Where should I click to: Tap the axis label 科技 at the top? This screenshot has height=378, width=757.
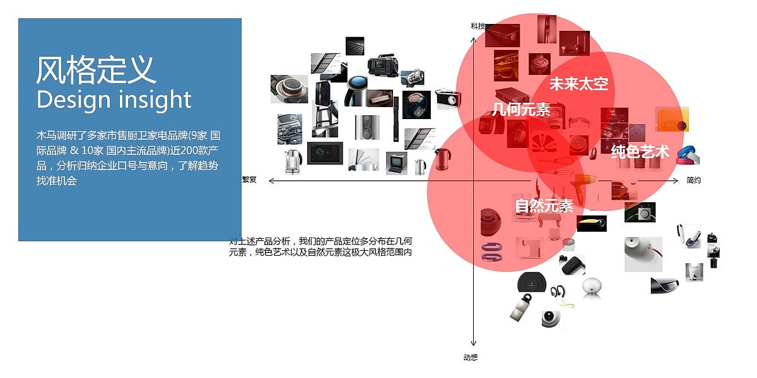click(x=478, y=26)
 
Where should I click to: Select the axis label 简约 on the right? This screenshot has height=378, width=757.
click(x=693, y=180)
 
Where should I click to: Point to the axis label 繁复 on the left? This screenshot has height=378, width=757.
click(x=249, y=180)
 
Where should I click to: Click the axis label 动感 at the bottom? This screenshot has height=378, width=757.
click(x=471, y=358)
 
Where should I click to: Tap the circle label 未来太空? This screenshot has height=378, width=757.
click(x=578, y=84)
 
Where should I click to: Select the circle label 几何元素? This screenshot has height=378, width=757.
click(x=521, y=110)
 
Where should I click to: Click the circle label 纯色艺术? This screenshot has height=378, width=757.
click(x=640, y=151)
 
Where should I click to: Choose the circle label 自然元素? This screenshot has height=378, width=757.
click(x=544, y=205)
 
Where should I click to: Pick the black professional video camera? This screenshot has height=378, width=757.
click(x=383, y=67)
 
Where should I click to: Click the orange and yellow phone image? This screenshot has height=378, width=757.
click(x=672, y=119)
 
